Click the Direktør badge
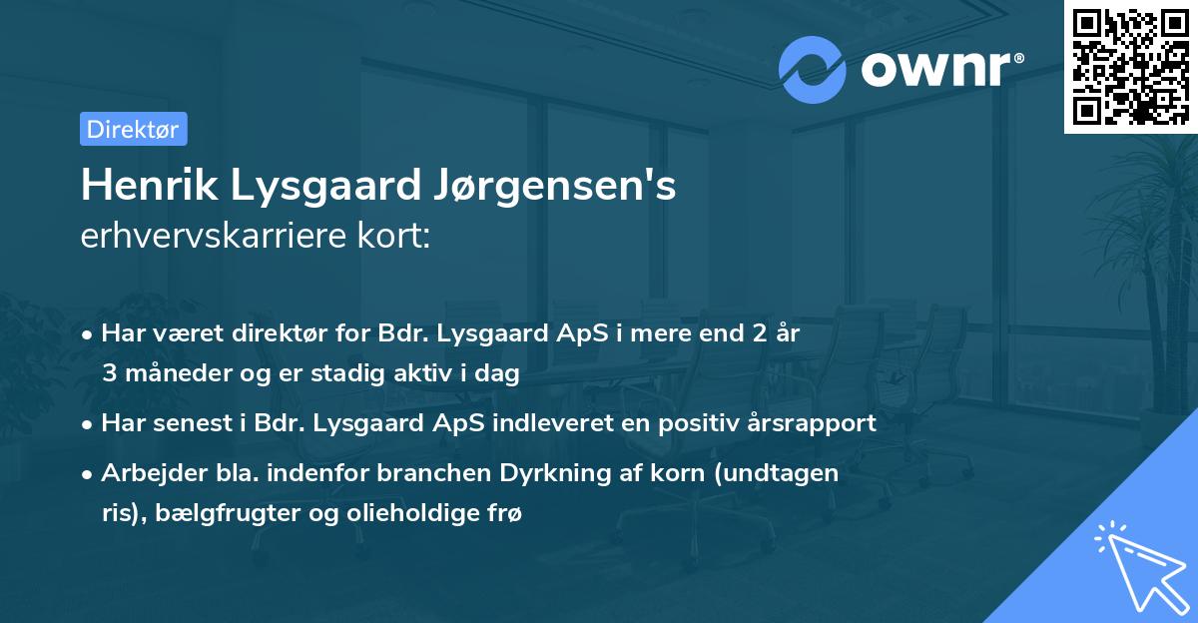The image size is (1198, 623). (x=133, y=129)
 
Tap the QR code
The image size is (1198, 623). (x=1130, y=67)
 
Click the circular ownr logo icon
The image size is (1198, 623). (x=814, y=69)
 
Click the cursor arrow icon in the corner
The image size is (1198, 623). (x=1138, y=563)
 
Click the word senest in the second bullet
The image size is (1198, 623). (x=183, y=422)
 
